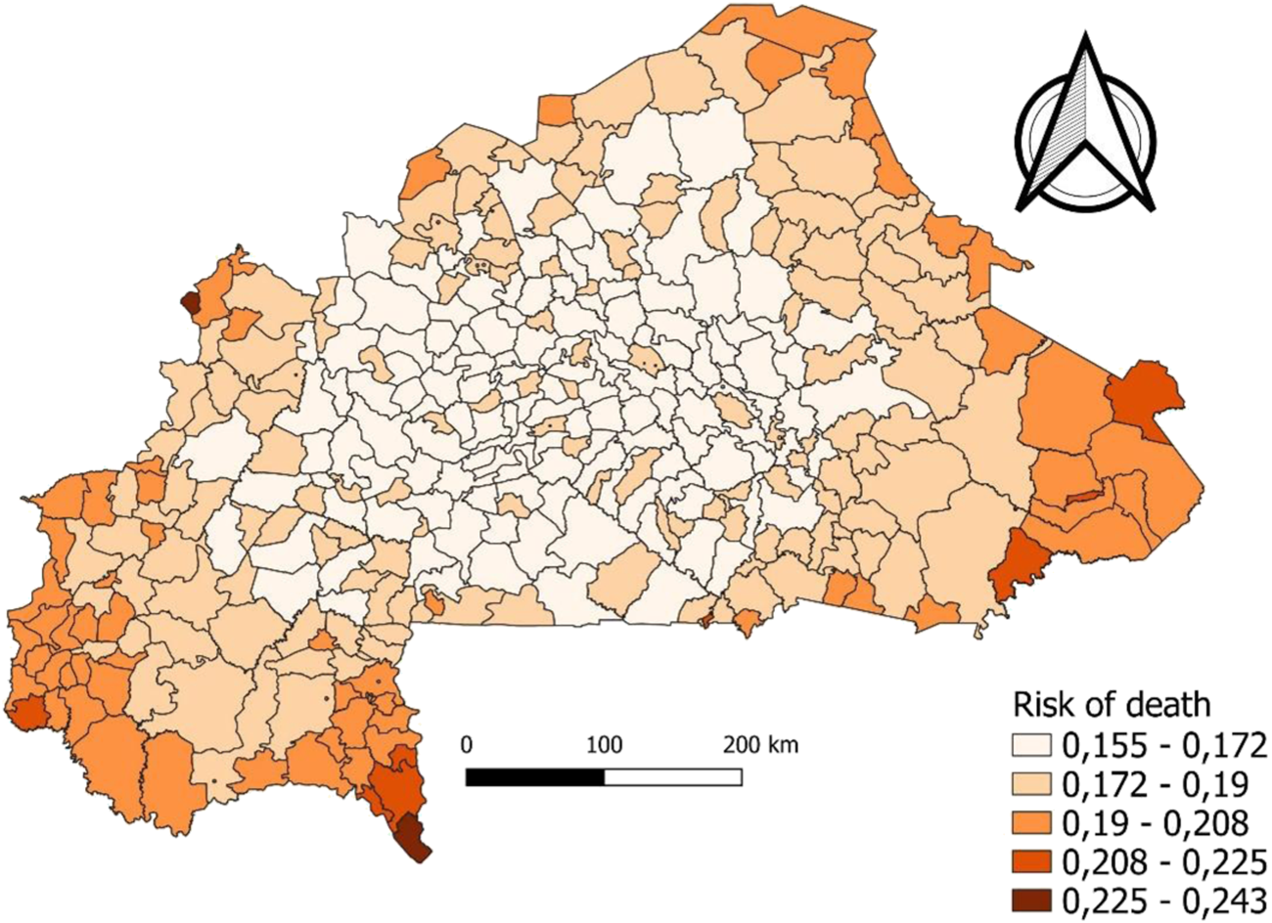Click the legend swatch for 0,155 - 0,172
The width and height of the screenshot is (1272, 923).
pos(1033,748)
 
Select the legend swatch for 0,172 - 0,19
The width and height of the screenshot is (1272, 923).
pos(1033,785)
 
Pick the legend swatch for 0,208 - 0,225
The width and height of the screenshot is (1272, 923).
pos(1033,861)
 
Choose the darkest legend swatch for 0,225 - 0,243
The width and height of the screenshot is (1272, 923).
pos(1033,899)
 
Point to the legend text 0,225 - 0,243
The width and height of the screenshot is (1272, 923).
pos(1162,899)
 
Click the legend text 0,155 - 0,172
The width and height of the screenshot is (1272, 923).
pos(1162,748)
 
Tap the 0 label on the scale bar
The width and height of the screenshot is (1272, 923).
pos(467,745)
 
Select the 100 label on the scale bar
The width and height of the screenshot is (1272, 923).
pos(604,745)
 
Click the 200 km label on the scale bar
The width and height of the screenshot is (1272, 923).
pos(760,745)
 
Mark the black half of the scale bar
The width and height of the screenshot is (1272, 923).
pos(535,777)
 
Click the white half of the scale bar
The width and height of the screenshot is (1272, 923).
pos(672,777)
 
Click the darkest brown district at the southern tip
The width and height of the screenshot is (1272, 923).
pos(413,841)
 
